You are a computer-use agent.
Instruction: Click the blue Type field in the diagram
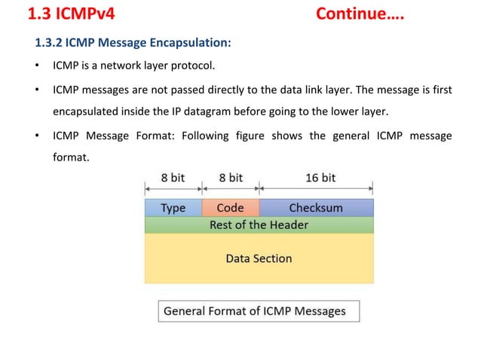coord(173,208)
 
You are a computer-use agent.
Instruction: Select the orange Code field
coord(230,208)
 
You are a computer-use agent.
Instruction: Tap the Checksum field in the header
coord(316,208)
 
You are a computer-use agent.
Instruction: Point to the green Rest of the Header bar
coord(259,224)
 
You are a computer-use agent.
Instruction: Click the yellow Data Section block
coord(259,258)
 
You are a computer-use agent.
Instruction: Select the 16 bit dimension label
coord(320,178)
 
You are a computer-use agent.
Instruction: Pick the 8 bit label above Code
coord(231,178)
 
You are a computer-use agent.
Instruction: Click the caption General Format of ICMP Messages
coord(255,311)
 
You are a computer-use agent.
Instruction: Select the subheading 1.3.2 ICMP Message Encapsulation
coord(133,42)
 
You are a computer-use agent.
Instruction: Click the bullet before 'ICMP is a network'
coord(36,66)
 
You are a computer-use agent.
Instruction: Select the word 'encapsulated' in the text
coord(85,111)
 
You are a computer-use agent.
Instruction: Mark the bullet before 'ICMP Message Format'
coord(36,136)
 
